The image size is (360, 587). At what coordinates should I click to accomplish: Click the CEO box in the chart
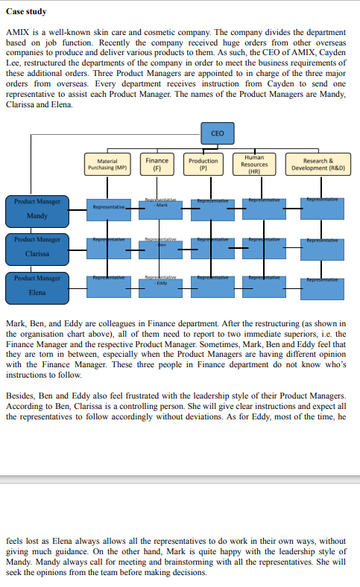pos(217,133)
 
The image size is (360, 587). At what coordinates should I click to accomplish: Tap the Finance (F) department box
pos(157,164)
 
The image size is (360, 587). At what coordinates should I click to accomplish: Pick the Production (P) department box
pos(203,164)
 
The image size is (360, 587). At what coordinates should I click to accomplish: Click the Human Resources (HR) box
pos(254,164)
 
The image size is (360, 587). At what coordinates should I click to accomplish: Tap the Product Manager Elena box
pos(37,288)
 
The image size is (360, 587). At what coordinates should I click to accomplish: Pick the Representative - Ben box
pos(157,247)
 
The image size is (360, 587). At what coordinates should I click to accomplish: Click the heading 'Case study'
pos(26,13)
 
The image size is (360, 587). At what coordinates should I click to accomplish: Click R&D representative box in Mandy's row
pos(322,208)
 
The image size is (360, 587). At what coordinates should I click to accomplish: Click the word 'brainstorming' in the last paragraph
pos(209,562)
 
